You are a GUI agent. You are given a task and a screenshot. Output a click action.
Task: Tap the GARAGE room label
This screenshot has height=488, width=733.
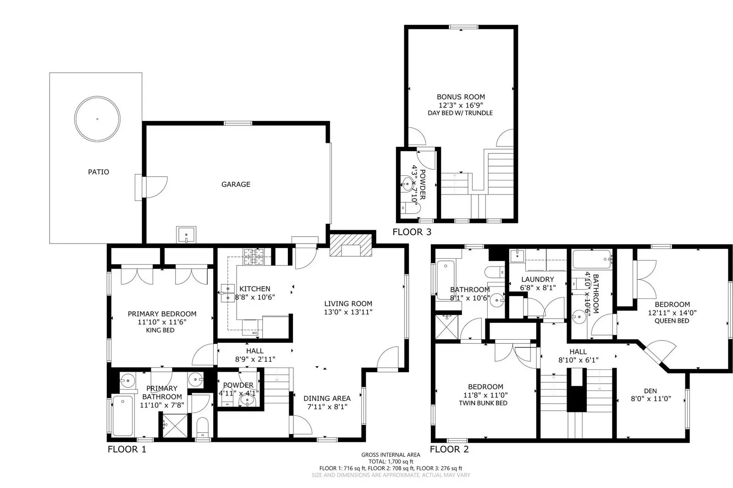coord(236,184)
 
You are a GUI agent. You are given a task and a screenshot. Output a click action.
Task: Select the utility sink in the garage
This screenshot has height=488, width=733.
coord(186,235)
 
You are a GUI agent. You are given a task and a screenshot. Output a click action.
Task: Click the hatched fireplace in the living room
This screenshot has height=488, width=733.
coord(351,246)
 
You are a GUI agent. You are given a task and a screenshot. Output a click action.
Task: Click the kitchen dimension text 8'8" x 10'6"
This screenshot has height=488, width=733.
coord(255,297)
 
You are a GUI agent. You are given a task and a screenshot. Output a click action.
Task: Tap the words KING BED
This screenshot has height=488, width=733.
coord(160,330)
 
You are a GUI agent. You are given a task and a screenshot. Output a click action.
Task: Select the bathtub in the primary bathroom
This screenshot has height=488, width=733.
coord(122,416)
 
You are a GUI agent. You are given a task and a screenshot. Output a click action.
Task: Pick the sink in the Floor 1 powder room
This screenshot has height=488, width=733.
coord(248,401)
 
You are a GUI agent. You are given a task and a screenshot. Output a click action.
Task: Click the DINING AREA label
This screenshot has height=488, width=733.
coord(327,398)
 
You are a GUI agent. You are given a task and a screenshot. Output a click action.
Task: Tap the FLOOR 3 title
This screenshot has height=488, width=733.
coord(412,232)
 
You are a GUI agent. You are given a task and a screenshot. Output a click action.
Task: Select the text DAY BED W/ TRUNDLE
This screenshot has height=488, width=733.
coord(460,113)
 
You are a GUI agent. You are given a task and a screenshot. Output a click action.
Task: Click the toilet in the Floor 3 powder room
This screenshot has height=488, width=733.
coord(411,208)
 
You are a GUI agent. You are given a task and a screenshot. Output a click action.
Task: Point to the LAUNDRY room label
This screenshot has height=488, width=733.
coord(538,279)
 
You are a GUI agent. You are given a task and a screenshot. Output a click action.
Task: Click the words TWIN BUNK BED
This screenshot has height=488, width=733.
coord(483,403)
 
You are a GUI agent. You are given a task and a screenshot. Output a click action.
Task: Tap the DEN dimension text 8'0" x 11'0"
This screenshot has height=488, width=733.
coord(651,399)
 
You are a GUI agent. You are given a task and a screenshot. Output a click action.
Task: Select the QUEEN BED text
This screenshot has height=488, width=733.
coord(672,321)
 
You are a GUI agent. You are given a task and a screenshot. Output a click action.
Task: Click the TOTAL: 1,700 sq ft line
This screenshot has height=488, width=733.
coord(391,461)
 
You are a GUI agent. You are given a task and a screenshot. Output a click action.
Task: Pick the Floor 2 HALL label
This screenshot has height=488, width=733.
coord(578,352)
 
